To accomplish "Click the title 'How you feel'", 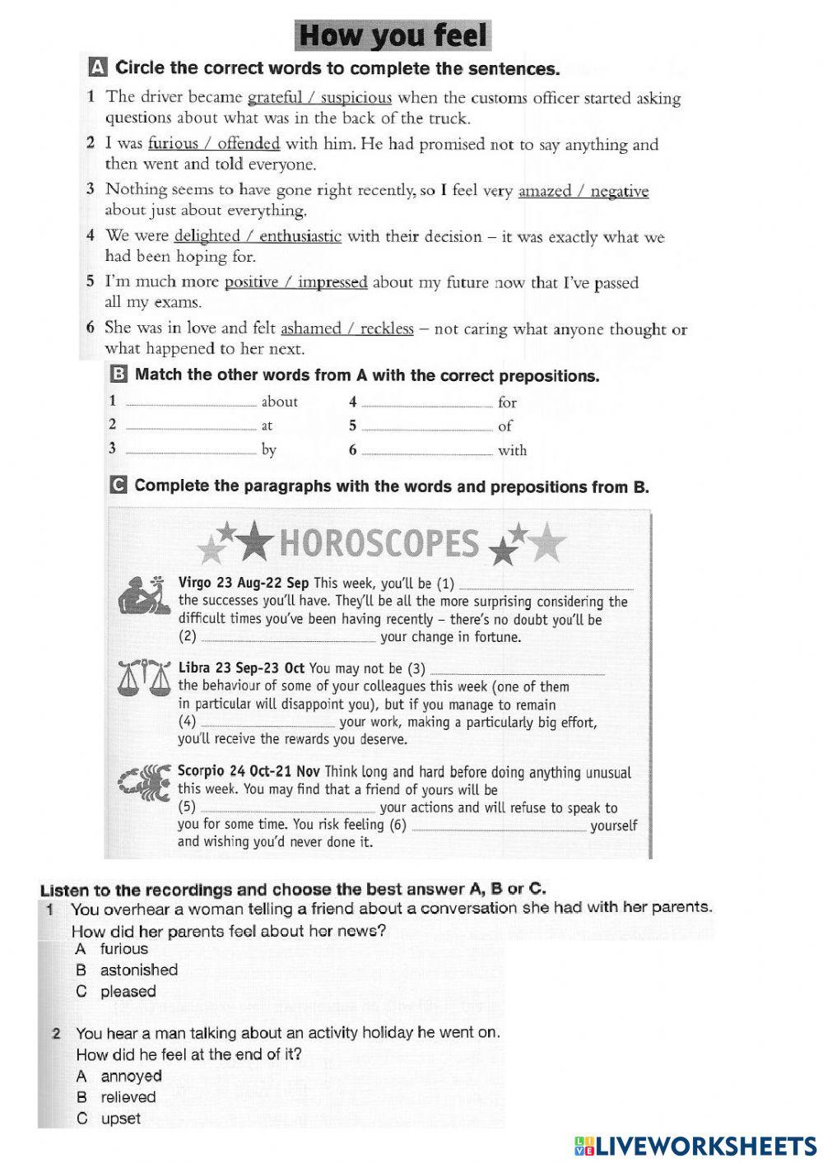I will [x=393, y=35].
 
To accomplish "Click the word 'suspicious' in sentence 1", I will [x=356, y=98].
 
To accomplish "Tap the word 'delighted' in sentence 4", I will [x=207, y=236].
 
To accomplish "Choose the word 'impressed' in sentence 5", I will [x=332, y=282].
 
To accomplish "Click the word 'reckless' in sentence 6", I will [x=387, y=328].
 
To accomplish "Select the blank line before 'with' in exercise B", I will [x=427, y=451].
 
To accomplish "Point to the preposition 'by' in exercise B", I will [x=268, y=450].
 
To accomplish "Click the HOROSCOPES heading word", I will [x=379, y=544].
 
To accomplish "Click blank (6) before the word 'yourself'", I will [x=498, y=826].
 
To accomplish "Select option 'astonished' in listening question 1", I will [x=138, y=970].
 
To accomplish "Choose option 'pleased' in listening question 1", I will [x=128, y=992].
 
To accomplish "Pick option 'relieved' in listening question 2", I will [x=128, y=1097].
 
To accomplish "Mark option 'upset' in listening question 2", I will [x=120, y=1119].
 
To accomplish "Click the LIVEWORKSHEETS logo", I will [x=695, y=1145].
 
